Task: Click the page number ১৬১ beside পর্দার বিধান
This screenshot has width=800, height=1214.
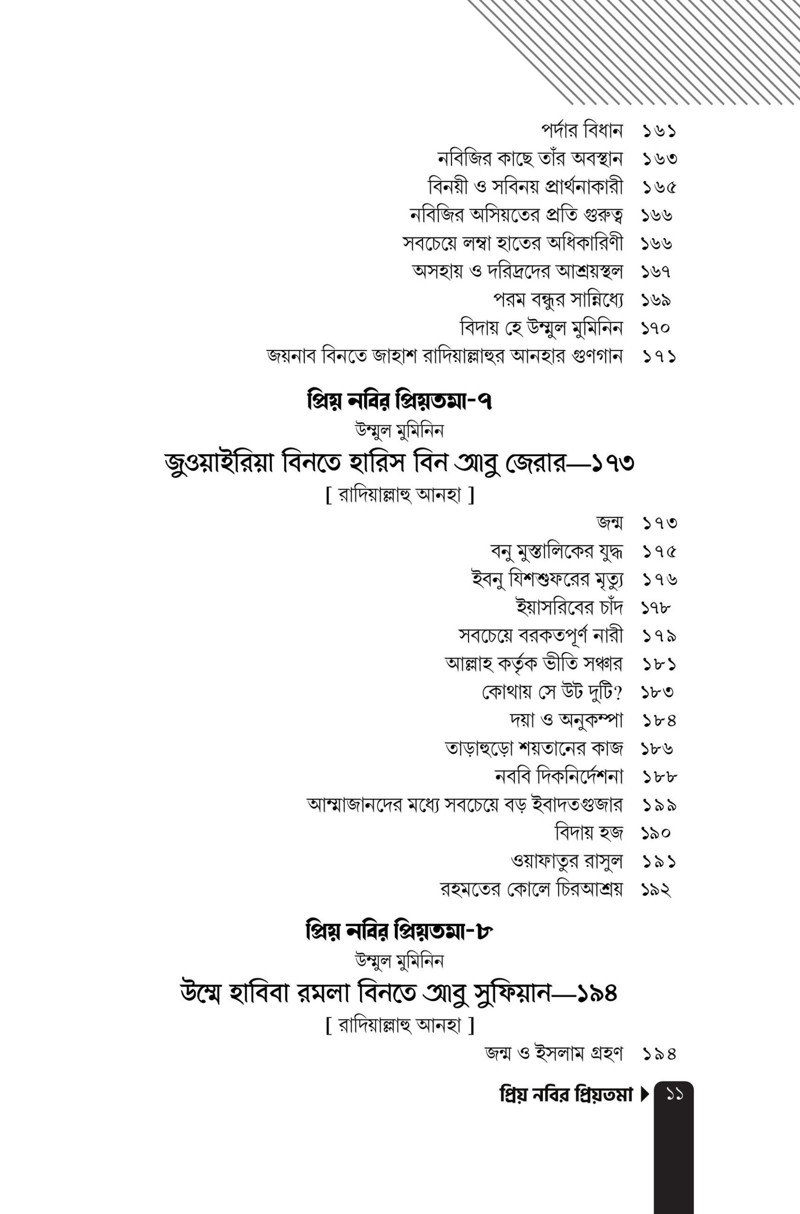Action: click(658, 131)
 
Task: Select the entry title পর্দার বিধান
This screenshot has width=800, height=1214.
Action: click(581, 131)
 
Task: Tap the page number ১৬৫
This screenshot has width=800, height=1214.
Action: click(658, 187)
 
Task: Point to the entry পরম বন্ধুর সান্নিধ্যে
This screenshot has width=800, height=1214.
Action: click(557, 299)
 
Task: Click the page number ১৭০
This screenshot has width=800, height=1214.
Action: click(656, 328)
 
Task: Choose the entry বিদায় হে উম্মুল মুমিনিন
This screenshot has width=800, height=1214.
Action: click(541, 327)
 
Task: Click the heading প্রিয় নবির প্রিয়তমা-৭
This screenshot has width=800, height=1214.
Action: click(399, 402)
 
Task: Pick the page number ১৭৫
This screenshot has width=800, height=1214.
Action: click(658, 551)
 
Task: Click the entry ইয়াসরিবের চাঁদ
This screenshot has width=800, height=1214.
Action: click(569, 607)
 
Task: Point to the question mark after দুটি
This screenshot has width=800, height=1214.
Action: click(618, 692)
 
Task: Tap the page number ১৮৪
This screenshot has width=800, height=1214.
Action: click(658, 720)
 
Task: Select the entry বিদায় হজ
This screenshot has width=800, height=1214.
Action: click(589, 833)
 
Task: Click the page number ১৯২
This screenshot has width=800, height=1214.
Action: click(656, 889)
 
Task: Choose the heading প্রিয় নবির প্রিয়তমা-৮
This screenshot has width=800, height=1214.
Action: click(399, 932)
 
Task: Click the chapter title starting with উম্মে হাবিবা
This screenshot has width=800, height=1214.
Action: click(399, 993)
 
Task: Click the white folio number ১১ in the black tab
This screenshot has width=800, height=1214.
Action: click(674, 1094)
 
